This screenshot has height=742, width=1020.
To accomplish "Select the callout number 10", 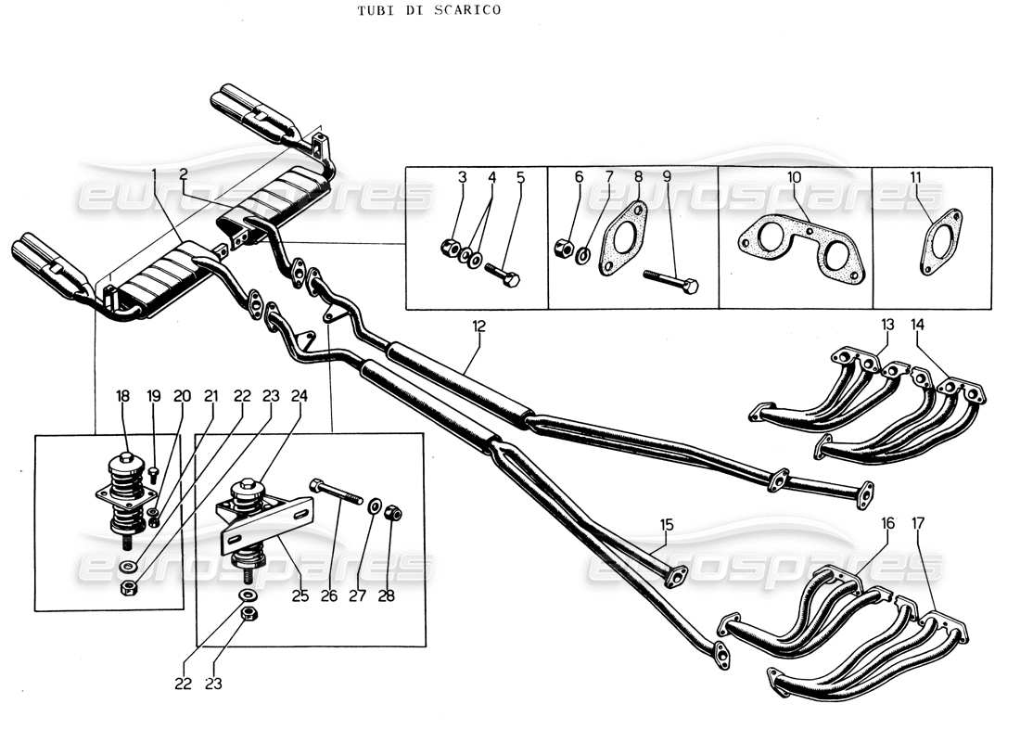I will pos(795,176).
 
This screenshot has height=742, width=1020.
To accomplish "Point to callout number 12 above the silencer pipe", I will pos(478,327).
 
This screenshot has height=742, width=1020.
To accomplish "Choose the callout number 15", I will pos(667,525).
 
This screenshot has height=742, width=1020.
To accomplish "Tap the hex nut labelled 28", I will pos(392,511).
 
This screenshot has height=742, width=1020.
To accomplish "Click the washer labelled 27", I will pos(374,506).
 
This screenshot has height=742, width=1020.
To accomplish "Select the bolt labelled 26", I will pos(337,492).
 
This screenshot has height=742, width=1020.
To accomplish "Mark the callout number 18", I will pos(123,396).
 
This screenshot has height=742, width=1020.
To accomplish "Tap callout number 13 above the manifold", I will pos(887,325).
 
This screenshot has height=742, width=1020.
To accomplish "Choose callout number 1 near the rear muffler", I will pos(154,174).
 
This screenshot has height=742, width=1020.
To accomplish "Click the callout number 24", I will pos(300,396).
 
